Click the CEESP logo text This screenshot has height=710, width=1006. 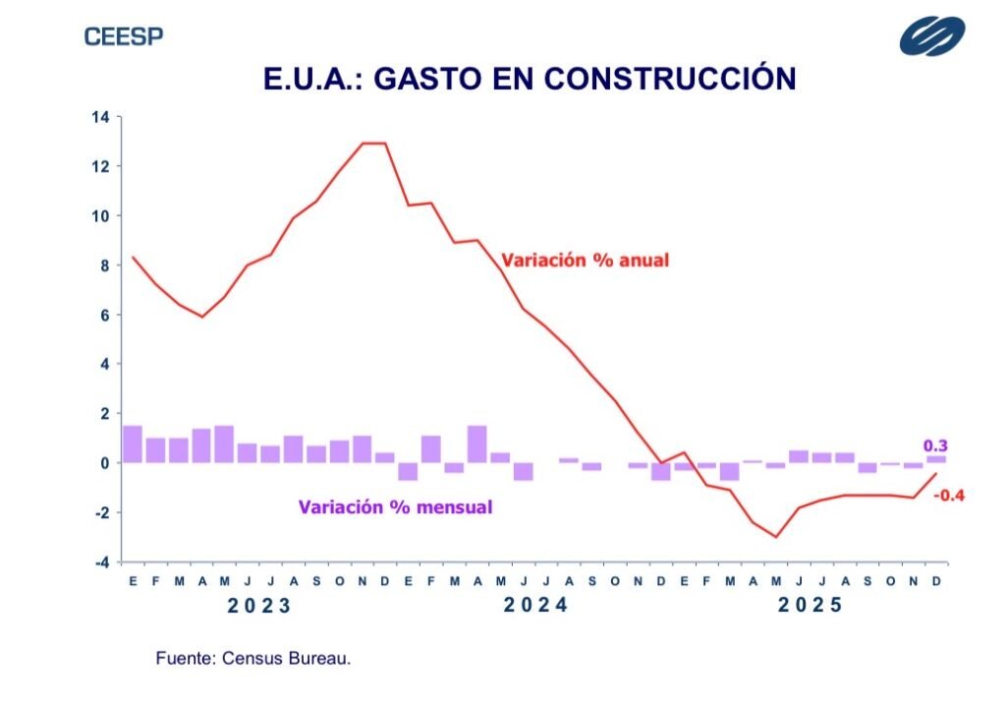coord(124,37)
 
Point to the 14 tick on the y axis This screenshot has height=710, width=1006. coord(100,117)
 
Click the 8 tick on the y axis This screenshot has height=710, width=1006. coord(103,266)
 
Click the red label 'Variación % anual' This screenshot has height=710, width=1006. coord(585,261)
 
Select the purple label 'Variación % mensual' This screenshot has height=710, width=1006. coord(395,507)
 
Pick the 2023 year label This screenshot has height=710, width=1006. coord(259,606)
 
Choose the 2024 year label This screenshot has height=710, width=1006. coord(535,605)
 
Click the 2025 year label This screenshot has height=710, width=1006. coord(810,605)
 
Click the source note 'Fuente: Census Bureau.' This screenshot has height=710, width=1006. coord(252,658)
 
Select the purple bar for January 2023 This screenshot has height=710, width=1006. coord(133,444)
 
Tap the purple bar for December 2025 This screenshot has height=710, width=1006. coord(936,458)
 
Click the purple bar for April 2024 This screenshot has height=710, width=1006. coord(477,444)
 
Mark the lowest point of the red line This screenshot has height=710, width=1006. coord(776,537)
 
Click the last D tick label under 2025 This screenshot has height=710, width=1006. coord(936,581)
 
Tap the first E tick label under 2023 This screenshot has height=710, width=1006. coord(133,581)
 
